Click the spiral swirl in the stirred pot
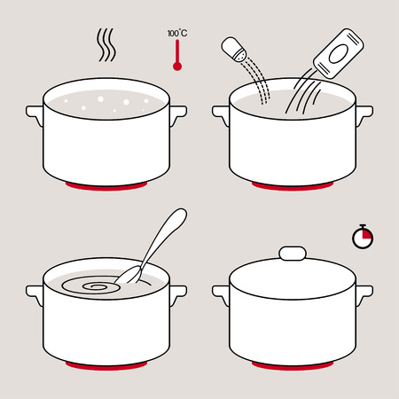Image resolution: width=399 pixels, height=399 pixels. tap(98, 287)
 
